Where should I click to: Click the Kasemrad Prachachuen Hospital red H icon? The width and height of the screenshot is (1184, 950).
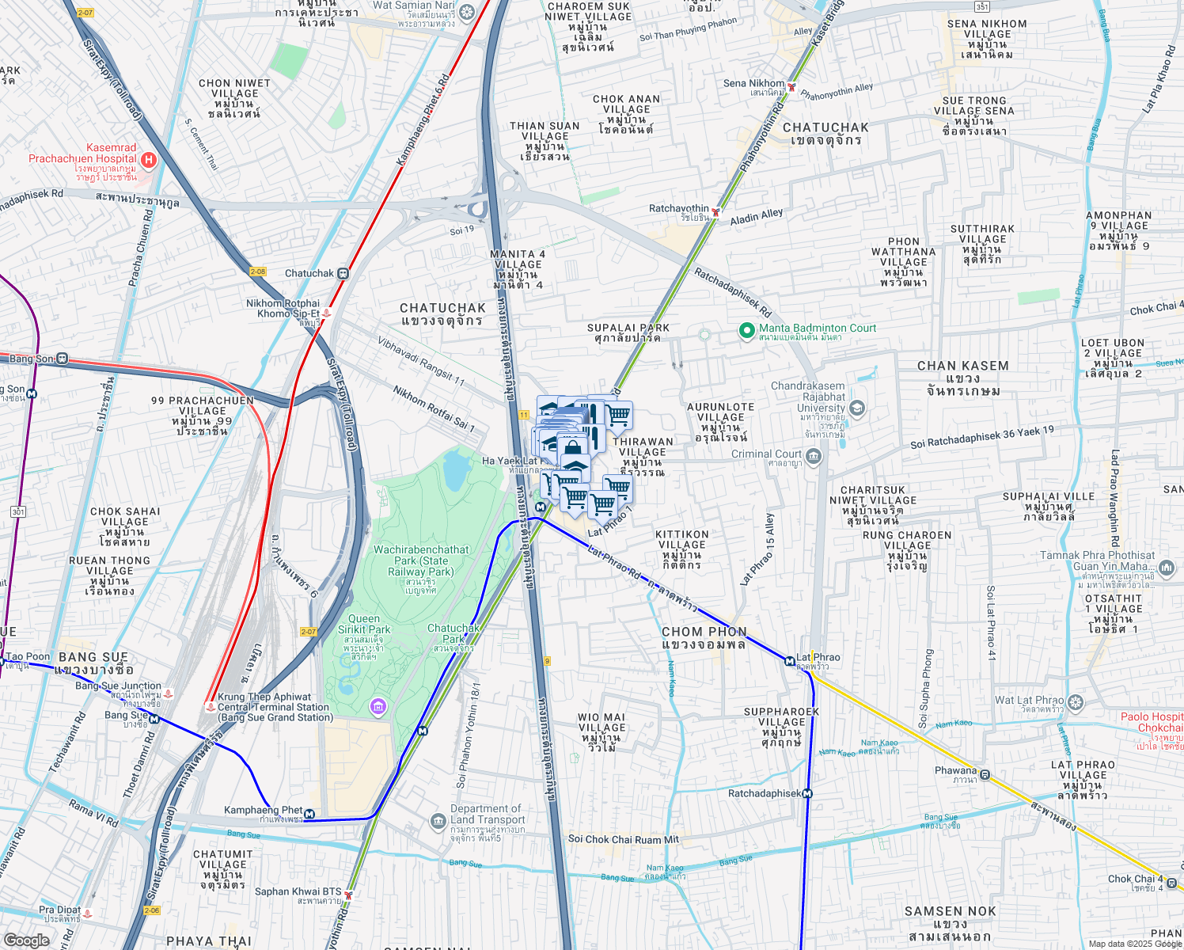[148, 160]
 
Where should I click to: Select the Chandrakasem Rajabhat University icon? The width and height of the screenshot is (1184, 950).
[856, 408]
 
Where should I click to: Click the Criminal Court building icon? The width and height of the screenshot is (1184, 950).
[813, 457]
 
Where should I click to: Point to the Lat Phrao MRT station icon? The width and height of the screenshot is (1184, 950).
[789, 661]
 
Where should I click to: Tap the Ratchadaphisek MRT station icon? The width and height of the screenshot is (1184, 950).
[807, 793]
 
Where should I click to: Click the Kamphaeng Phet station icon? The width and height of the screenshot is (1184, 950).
[309, 814]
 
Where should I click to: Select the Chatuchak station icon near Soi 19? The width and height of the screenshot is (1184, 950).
[343, 273]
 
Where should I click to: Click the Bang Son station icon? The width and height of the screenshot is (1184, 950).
[62, 359]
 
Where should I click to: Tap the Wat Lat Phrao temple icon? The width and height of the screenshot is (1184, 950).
[1075, 702]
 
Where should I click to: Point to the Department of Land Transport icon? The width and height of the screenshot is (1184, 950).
[438, 822]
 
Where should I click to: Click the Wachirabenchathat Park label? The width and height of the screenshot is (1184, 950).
[421, 560]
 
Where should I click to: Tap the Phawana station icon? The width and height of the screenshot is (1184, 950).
[985, 774]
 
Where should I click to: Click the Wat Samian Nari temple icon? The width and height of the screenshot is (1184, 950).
[467, 12]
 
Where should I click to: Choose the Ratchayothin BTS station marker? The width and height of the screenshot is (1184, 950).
[715, 211]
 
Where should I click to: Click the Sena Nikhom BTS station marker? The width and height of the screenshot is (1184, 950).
[791, 86]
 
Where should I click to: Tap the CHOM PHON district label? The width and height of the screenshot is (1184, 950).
[704, 637]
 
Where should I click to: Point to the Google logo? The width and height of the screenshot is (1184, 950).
[26, 940]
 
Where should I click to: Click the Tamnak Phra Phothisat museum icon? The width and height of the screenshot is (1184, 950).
[1167, 567]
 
